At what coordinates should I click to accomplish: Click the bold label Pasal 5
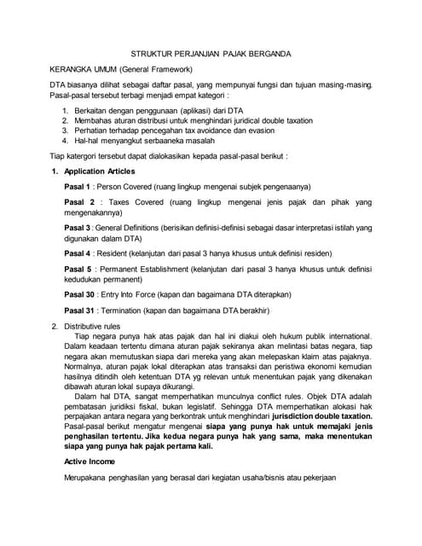(79, 270)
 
